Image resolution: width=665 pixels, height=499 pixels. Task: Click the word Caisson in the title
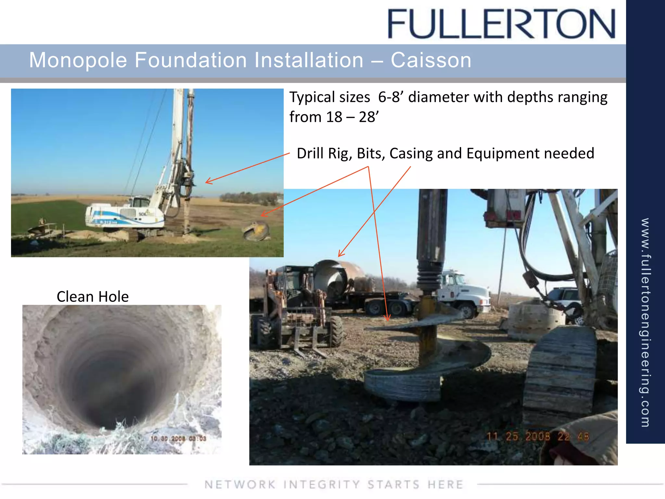[431, 60]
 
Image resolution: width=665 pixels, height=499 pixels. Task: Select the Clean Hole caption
[93, 297]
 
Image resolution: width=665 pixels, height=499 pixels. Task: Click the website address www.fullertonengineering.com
[645, 322]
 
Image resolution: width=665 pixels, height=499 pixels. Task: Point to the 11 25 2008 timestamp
[537, 436]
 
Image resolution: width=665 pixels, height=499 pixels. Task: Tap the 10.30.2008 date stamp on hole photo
[178, 439]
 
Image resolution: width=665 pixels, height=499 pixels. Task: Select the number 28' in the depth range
[369, 117]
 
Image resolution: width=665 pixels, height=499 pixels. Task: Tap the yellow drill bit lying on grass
[256, 231]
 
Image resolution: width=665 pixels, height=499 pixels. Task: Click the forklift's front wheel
[336, 331]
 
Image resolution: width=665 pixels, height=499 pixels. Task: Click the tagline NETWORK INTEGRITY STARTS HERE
[334, 484]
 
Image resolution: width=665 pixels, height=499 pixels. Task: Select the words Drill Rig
[324, 153]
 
